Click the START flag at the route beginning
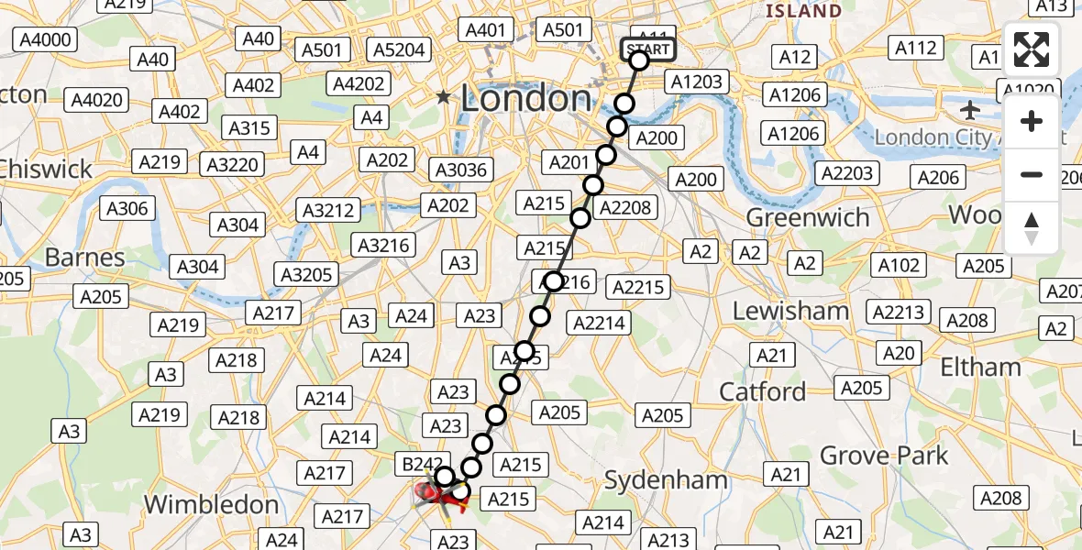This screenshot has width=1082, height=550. pyautogui.click(x=648, y=49)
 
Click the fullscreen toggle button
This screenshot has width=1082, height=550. pyautogui.click(x=1032, y=50)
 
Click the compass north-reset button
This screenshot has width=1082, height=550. pyautogui.click(x=1032, y=228)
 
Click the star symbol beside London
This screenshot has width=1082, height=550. pyautogui.click(x=445, y=96)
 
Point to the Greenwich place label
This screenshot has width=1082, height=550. pyautogui.click(x=808, y=217)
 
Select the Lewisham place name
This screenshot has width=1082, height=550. pyautogui.click(x=790, y=311)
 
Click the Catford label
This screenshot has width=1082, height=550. pyautogui.click(x=762, y=392)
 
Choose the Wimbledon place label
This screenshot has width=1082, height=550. pyautogui.click(x=211, y=504)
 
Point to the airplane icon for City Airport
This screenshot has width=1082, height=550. pyautogui.click(x=970, y=110)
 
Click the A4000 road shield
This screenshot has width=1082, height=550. pyautogui.click(x=43, y=40)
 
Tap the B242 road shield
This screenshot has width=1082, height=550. pyautogui.click(x=423, y=465)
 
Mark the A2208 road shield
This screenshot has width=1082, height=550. pyautogui.click(x=625, y=208)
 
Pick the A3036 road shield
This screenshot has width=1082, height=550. pyautogui.click(x=461, y=170)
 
